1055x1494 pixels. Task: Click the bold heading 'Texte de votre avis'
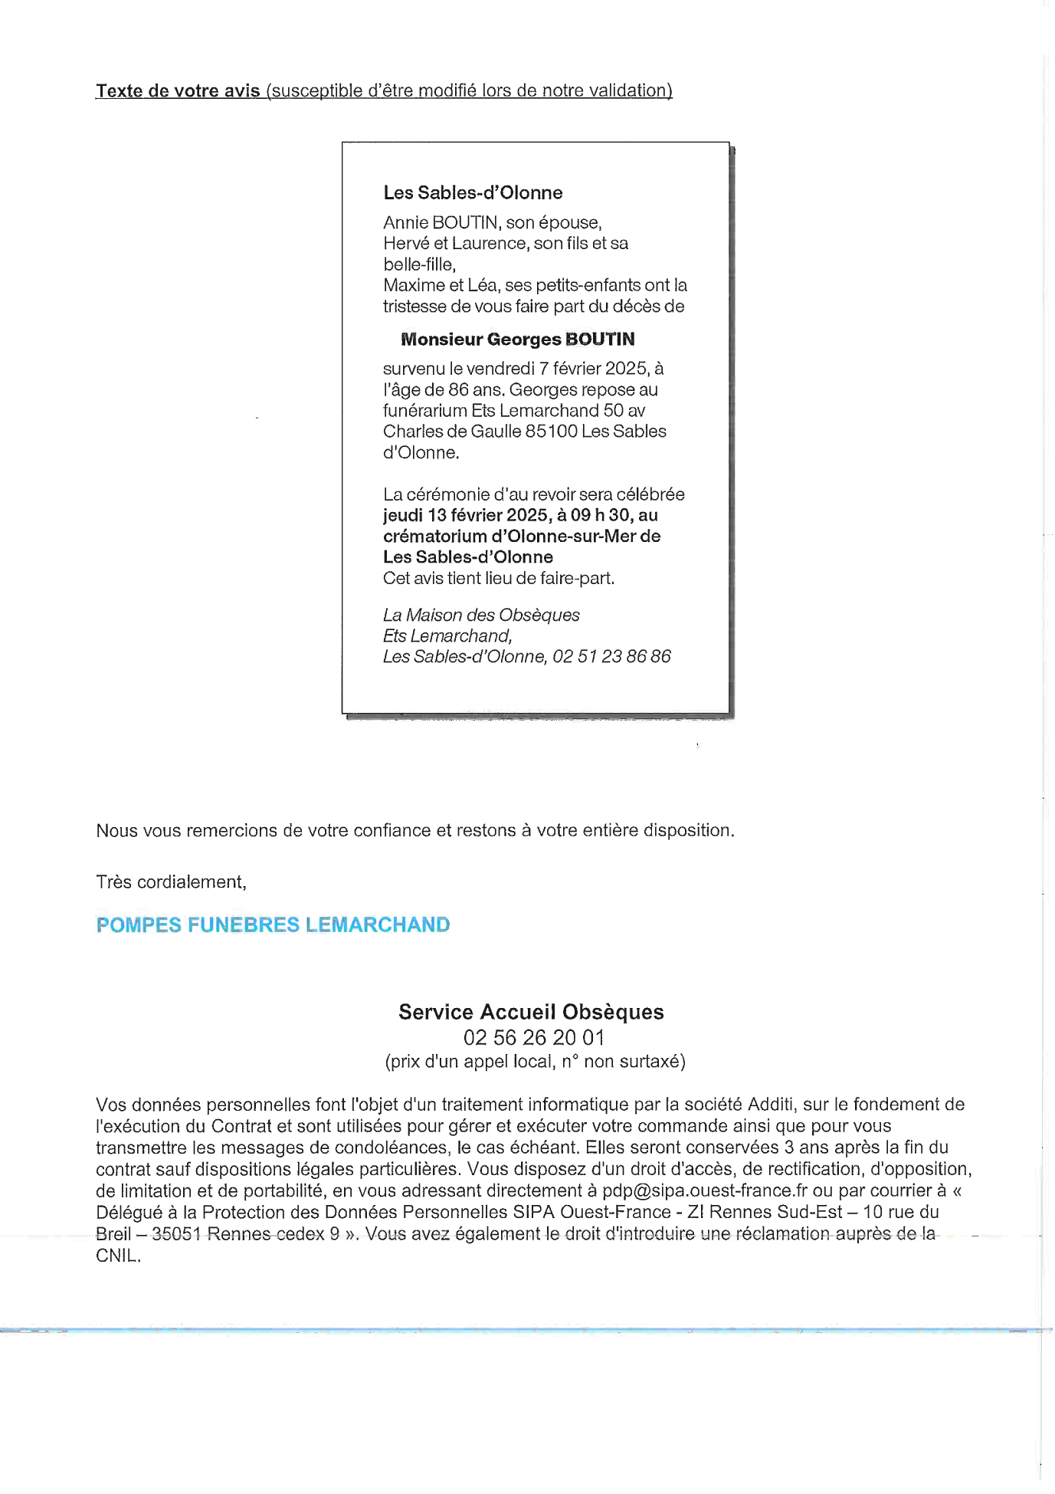[x=178, y=91]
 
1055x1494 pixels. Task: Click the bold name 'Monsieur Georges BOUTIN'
[x=518, y=339]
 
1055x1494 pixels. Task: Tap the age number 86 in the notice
[x=458, y=389]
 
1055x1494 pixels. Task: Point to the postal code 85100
[x=552, y=431]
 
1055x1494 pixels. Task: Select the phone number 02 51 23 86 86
[x=611, y=656]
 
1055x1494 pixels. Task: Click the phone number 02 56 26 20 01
[x=534, y=1038]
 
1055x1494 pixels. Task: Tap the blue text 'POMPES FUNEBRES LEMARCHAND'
[x=273, y=925]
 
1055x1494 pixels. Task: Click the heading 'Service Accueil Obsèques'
[x=531, y=1012]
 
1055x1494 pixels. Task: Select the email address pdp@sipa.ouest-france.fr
[x=705, y=1190]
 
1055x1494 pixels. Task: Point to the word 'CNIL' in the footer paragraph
[x=116, y=1256]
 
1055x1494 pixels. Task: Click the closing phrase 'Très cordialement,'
[x=171, y=882]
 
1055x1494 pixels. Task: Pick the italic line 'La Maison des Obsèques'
[x=481, y=615]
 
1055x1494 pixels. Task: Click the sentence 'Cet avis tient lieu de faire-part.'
[x=499, y=578]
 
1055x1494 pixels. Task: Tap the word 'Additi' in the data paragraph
[x=772, y=1105]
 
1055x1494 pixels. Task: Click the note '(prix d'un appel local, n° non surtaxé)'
[x=535, y=1062]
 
